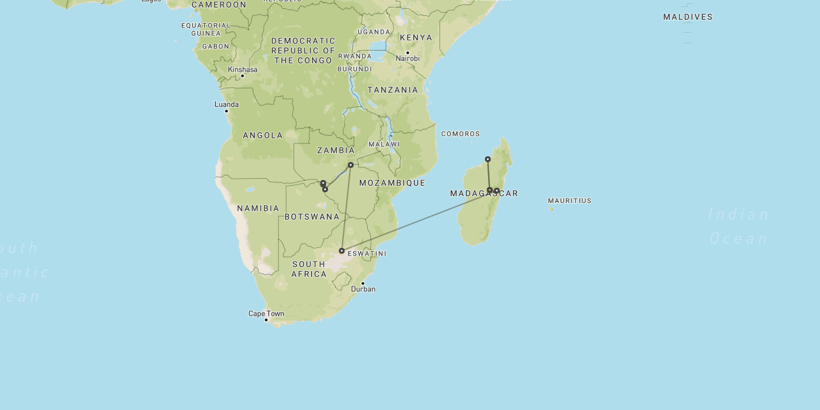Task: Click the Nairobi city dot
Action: pyautogui.click(x=407, y=53)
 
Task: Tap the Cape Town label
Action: pyautogui.click(x=266, y=313)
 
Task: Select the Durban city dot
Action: pyautogui.click(x=363, y=283)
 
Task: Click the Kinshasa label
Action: pyautogui.click(x=242, y=69)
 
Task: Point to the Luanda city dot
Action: pyautogui.click(x=226, y=111)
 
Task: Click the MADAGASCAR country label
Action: pyautogui.click(x=484, y=193)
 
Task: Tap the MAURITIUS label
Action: pyautogui.click(x=570, y=201)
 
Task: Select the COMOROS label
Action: pyautogui.click(x=460, y=134)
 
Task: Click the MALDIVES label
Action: pyautogui.click(x=687, y=17)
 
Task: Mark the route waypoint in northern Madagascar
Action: pyautogui.click(x=488, y=159)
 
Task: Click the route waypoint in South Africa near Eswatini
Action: pyautogui.click(x=341, y=250)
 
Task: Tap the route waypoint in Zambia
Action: pyautogui.click(x=350, y=165)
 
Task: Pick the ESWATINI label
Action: pyautogui.click(x=367, y=254)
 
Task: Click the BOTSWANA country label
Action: pyautogui.click(x=312, y=217)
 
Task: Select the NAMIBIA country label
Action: pyautogui.click(x=258, y=208)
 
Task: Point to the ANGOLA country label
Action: pyautogui.click(x=263, y=135)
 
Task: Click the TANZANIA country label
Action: pyautogui.click(x=393, y=90)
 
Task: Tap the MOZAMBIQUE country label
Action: pyautogui.click(x=392, y=183)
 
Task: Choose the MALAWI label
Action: pyautogui.click(x=384, y=144)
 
